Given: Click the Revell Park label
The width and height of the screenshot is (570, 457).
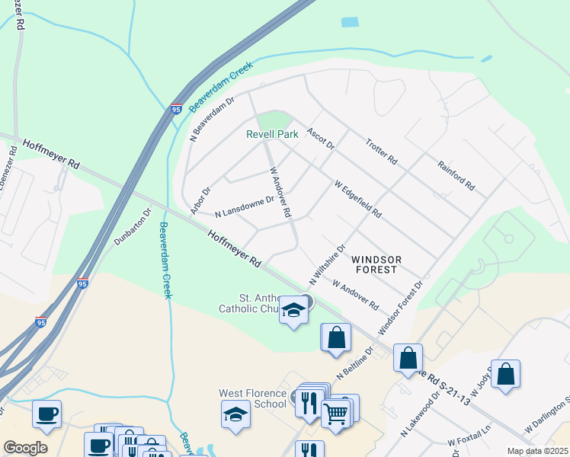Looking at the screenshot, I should tap(272, 134).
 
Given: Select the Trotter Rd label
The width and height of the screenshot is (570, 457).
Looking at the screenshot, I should tap(382, 152).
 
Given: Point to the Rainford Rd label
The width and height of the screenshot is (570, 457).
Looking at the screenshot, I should tap(456, 174).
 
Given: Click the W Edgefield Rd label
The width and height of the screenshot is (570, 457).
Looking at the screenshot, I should tap(357, 199).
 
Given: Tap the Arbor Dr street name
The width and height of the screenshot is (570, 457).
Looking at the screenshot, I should tap(200, 200).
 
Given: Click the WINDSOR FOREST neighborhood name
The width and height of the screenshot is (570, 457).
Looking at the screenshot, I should tap(374, 264).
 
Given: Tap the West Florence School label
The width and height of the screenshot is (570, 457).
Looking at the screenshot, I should tap(253, 399).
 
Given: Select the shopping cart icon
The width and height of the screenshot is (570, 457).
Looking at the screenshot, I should tap(336, 414).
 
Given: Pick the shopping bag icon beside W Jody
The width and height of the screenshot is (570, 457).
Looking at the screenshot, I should tap(505, 374).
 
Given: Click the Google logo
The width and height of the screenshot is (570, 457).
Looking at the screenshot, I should tap(25, 448).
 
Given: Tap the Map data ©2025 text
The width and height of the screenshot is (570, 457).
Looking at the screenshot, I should tap(537, 451).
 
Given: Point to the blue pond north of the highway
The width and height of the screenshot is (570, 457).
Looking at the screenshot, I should tap(350, 21).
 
